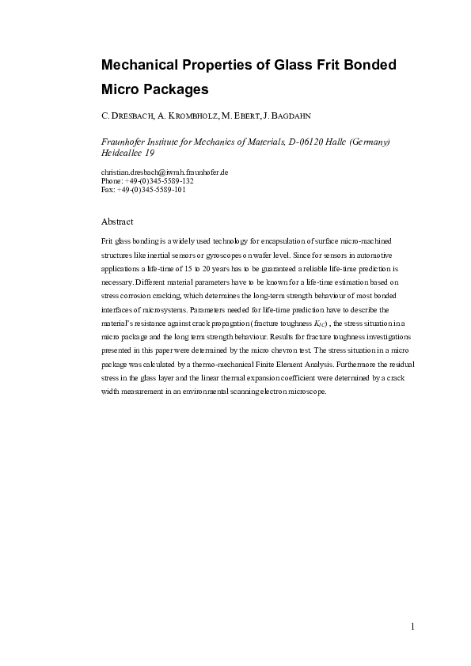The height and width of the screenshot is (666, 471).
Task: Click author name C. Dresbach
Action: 127,116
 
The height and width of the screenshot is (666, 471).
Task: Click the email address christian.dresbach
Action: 165,172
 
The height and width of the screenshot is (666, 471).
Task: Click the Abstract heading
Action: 118,221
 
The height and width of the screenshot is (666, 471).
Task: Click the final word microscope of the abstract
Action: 306,391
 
